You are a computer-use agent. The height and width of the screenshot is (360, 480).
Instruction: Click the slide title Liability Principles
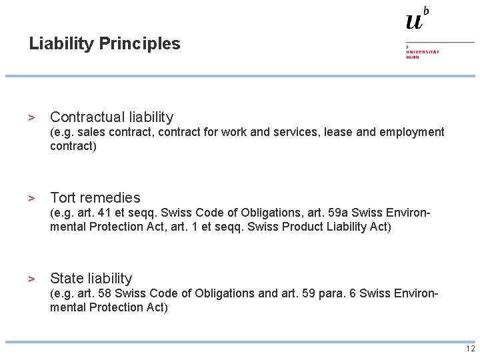105,44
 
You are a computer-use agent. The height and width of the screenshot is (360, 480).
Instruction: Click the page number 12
471,349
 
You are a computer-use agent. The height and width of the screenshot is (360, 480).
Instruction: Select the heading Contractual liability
111,117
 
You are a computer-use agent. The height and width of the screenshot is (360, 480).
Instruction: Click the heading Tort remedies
95,198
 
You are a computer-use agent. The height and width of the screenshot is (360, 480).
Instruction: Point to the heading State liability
91,279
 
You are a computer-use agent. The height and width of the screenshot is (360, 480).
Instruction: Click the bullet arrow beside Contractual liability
31,117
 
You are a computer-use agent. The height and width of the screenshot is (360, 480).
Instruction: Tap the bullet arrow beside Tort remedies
31,198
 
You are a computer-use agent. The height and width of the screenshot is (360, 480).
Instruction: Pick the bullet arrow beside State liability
31,279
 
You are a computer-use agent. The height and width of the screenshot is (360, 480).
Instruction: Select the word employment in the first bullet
411,132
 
